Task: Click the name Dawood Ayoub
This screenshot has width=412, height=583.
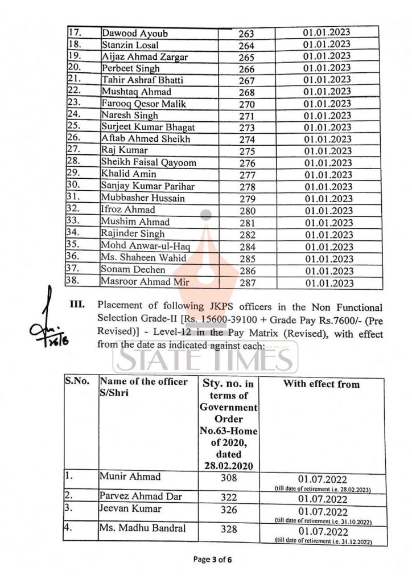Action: click(x=134, y=33)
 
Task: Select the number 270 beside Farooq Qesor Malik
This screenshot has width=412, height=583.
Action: click(x=246, y=104)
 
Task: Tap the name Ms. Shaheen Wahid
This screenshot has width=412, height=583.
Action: click(x=136, y=258)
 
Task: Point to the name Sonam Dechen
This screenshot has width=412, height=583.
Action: click(x=133, y=269)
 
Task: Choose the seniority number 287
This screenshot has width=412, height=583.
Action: click(x=246, y=282)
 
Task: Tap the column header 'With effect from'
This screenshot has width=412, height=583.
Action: click(x=321, y=384)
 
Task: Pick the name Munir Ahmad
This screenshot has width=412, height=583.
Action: click(x=130, y=476)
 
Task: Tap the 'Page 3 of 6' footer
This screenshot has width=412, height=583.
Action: click(x=212, y=560)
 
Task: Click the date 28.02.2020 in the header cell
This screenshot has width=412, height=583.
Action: click(x=228, y=465)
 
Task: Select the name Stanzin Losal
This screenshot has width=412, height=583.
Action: click(x=130, y=44)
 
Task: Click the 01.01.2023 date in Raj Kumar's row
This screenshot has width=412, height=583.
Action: click(x=327, y=151)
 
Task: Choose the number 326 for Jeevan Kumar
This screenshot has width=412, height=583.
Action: click(x=228, y=510)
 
